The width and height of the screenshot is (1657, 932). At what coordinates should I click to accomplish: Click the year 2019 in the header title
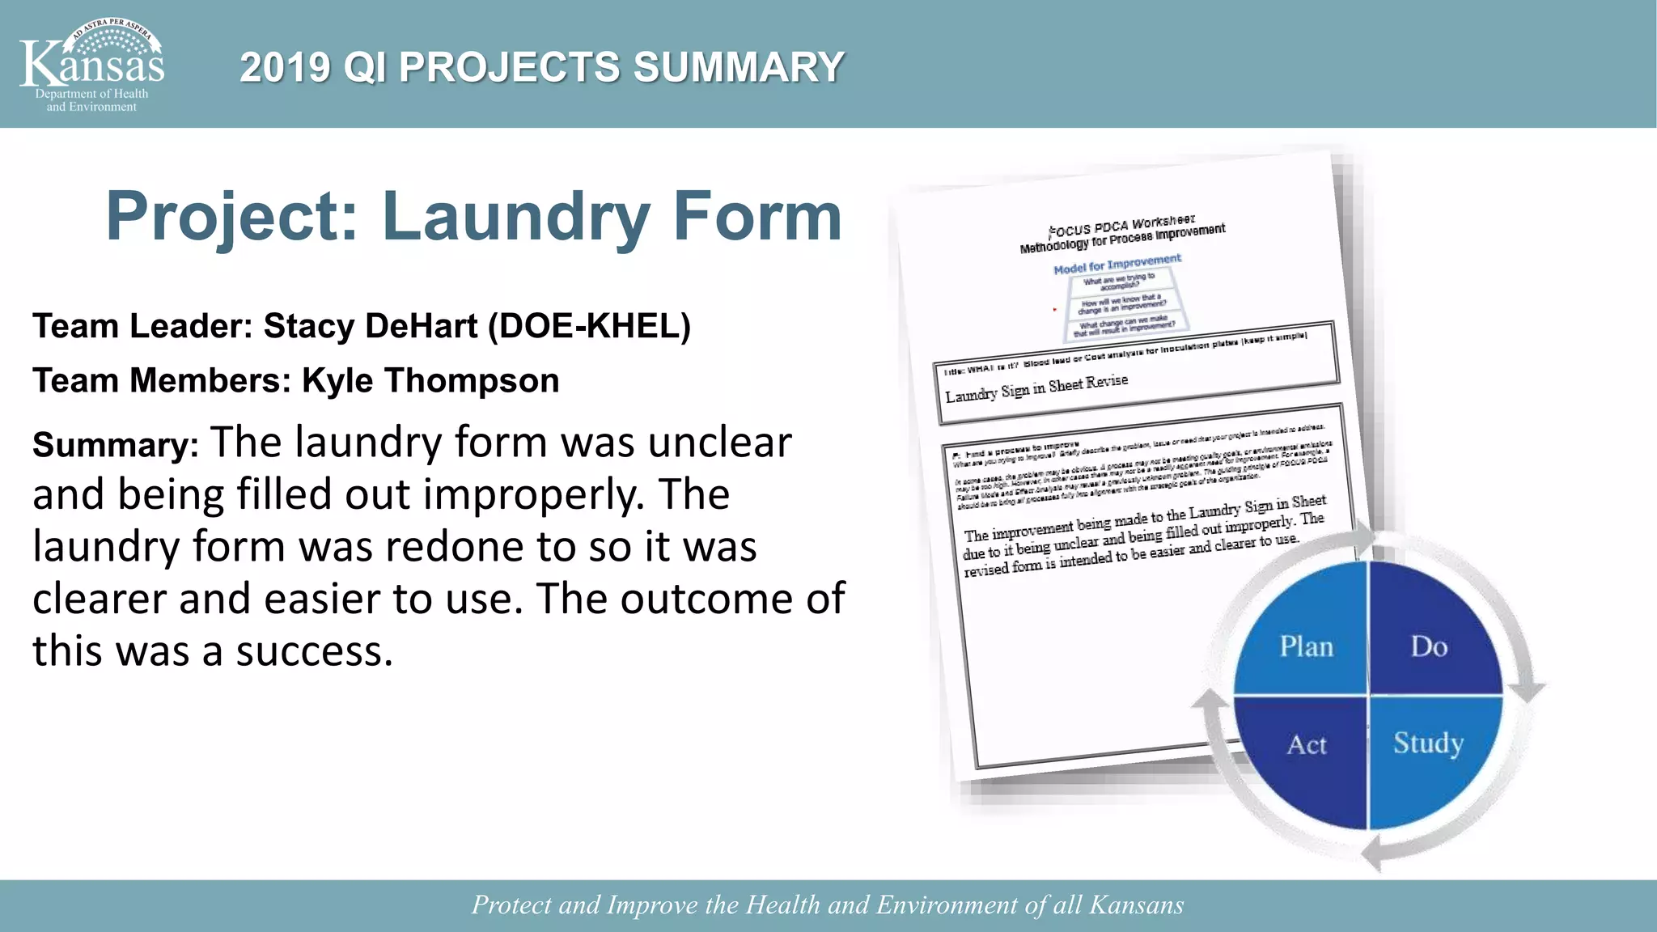tap(285, 67)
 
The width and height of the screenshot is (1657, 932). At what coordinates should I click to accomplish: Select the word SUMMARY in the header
tap(738, 67)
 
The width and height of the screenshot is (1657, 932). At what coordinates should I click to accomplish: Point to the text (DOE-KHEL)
tap(590, 326)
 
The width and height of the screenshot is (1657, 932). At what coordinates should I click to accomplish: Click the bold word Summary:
tap(116, 445)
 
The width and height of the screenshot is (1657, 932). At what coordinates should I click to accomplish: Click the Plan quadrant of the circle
tap(1306, 646)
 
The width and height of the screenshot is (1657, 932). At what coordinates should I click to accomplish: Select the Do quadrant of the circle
tap(1429, 646)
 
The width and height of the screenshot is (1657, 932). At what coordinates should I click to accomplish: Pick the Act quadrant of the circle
tap(1307, 744)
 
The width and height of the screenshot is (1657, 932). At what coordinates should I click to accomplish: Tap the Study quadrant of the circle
tap(1428, 743)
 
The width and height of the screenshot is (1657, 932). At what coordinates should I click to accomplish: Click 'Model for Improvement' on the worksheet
tap(1117, 264)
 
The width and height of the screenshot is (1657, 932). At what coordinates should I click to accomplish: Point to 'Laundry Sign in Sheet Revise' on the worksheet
tap(1036, 388)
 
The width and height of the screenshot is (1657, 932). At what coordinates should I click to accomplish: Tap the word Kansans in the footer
tap(1136, 904)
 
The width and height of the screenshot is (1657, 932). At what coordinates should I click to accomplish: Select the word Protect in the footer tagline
tap(512, 904)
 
